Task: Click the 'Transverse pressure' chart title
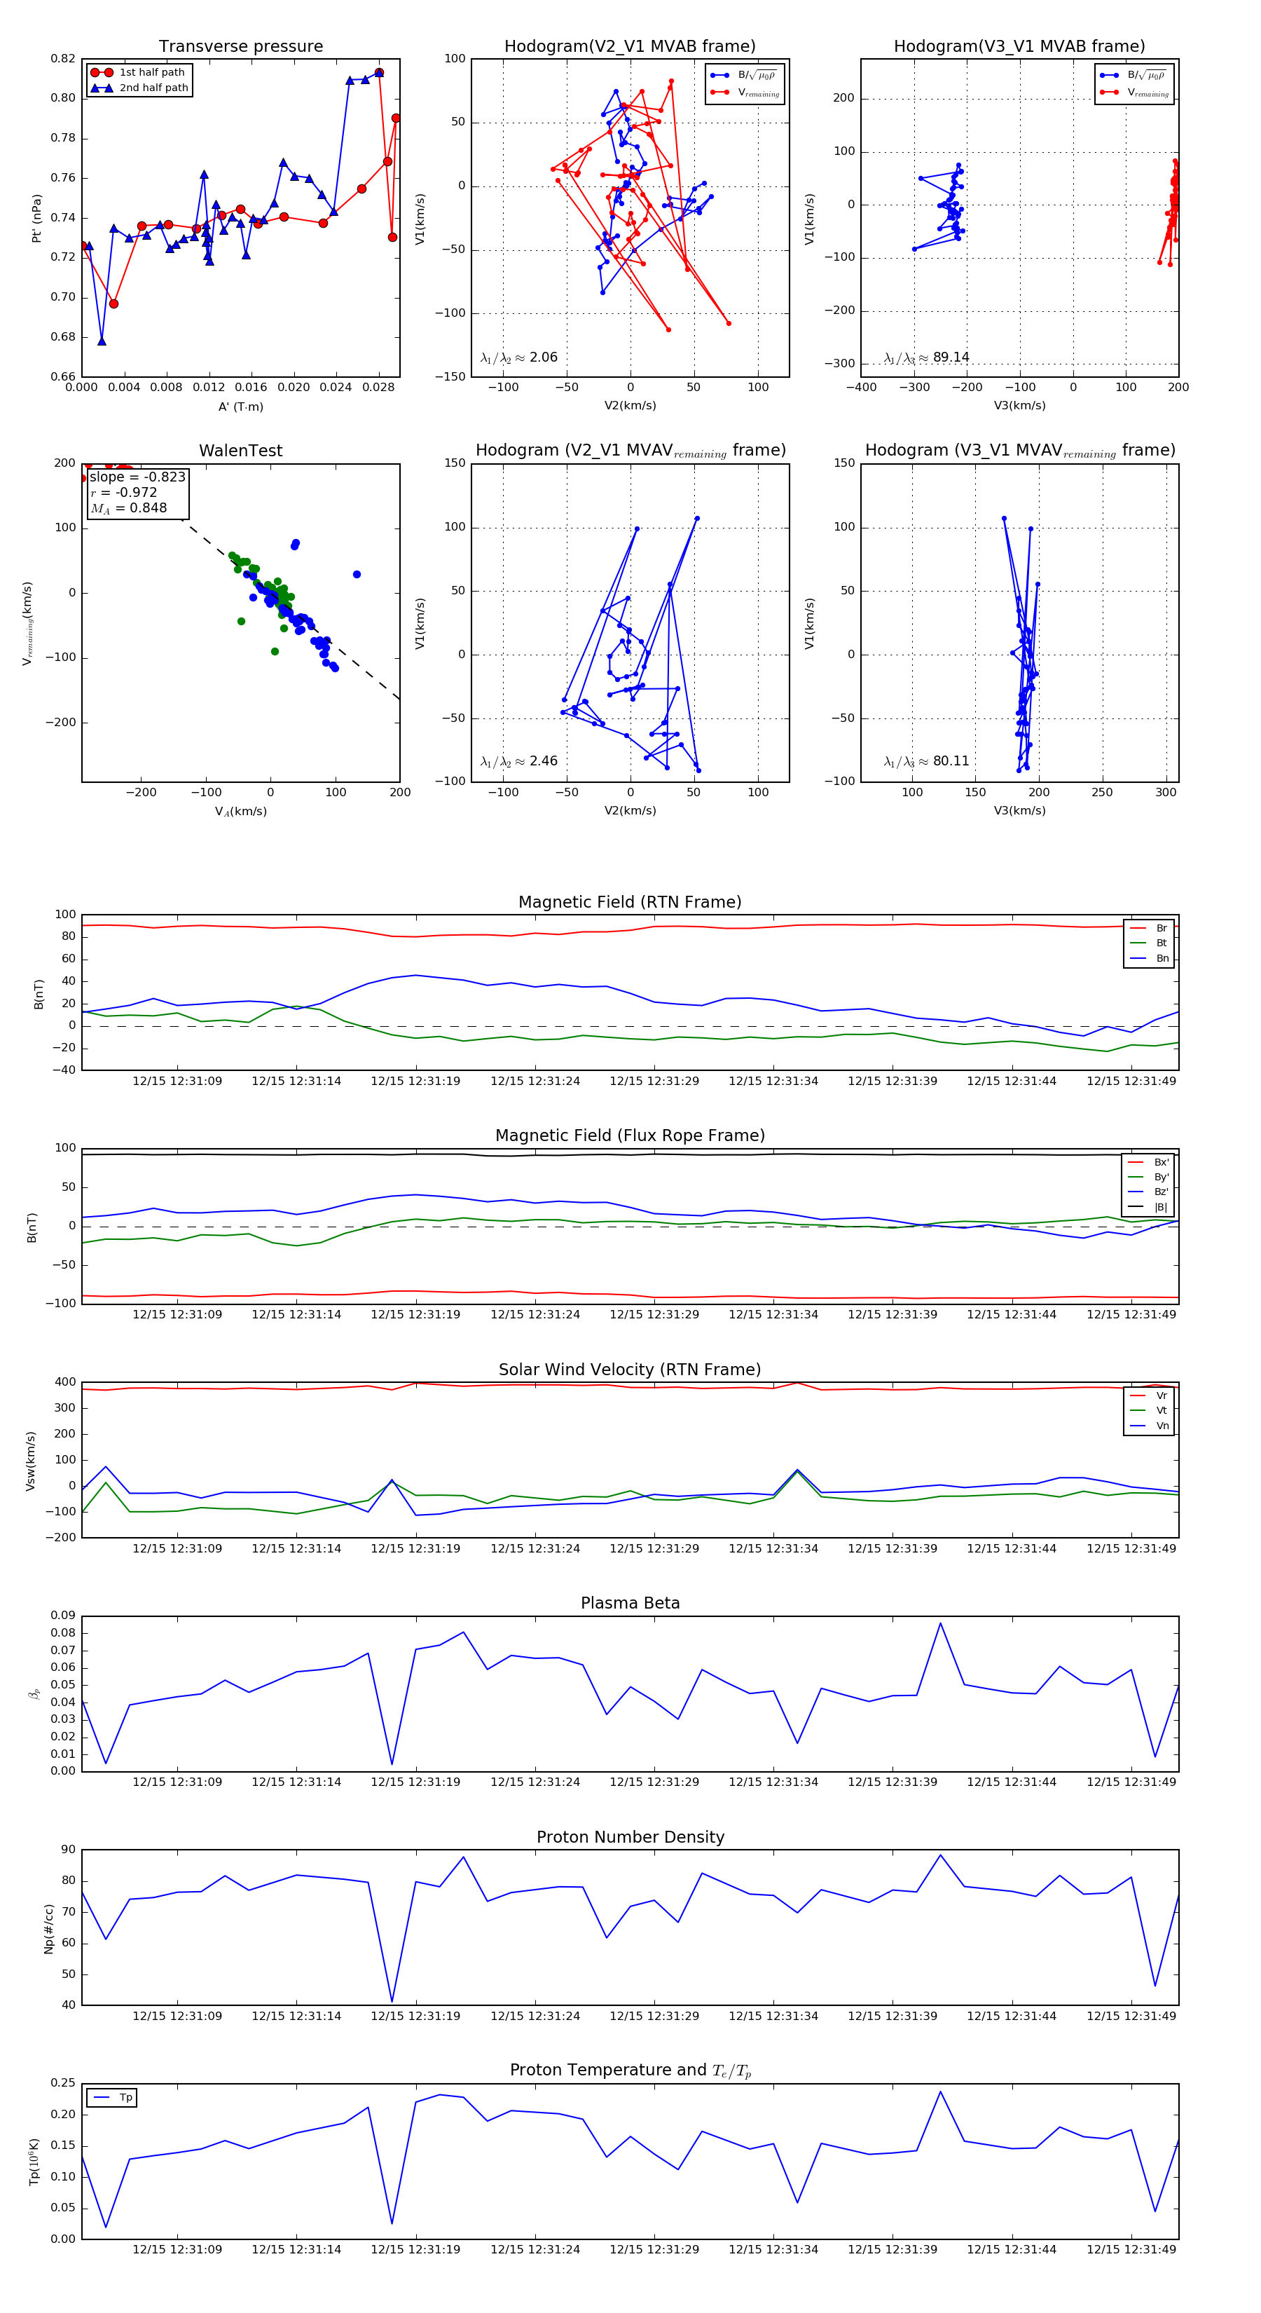240,47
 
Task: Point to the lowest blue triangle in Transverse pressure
102,341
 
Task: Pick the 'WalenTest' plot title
240,451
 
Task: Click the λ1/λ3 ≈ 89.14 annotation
926,357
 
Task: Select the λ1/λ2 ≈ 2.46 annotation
518,761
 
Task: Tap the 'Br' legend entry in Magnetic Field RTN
1162,929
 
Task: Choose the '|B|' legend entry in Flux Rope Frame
1161,1208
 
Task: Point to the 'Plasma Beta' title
630,1604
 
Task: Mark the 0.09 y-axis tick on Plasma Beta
63,1616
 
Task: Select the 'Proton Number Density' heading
630,1837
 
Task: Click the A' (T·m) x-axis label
240,407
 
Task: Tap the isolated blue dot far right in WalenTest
357,575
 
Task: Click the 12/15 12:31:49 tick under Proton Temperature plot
1131,2249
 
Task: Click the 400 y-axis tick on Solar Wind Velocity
64,1383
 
